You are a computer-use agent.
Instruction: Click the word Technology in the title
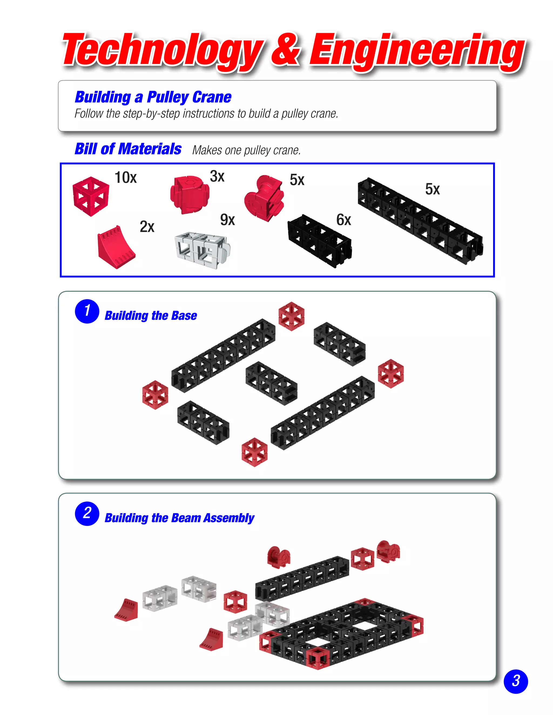point(162,51)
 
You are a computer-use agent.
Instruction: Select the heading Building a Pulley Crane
point(153,97)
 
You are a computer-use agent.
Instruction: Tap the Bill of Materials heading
point(128,149)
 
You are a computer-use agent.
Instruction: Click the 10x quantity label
point(126,178)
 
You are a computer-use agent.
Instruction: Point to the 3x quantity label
point(217,176)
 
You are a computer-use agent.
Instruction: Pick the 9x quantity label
point(227,220)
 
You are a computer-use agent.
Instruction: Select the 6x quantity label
point(343,220)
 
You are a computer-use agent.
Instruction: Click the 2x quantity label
point(147,227)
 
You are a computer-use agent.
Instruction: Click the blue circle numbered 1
point(87,311)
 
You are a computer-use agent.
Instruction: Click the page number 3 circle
point(516,681)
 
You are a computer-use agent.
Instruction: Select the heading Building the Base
point(151,316)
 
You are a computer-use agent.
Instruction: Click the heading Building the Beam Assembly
point(179,518)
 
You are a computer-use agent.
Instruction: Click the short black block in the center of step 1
point(271,383)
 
